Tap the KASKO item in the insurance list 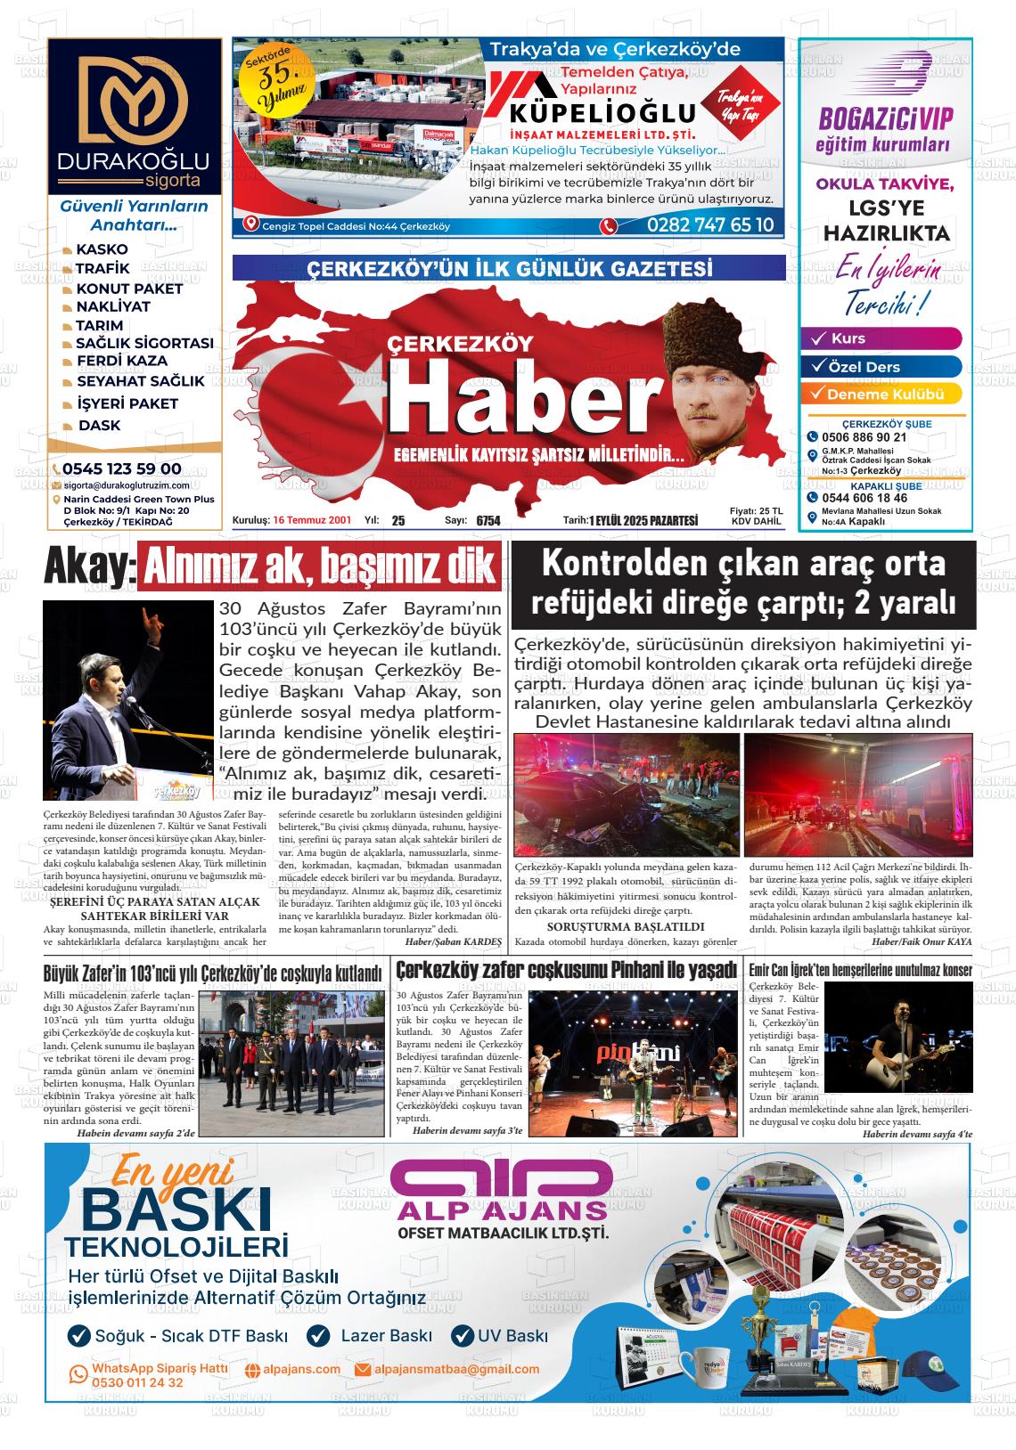point(102,249)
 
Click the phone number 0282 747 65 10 point(710,224)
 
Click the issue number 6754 point(488,521)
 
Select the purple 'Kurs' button point(881,338)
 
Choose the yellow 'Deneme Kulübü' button point(881,395)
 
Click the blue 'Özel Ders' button point(881,367)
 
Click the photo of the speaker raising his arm point(127,700)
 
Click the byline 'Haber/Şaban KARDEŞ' point(454,941)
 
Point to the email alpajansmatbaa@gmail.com point(456,1369)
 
